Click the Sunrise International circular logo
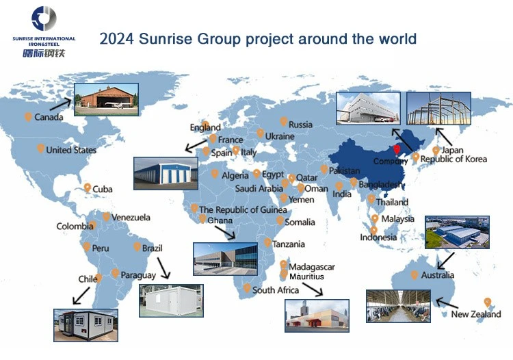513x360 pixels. (x=44, y=18)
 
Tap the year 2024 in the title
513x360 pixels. (x=116, y=38)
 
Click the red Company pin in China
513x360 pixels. (x=397, y=150)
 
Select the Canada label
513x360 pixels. (x=49, y=117)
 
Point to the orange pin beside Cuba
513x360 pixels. (x=87, y=188)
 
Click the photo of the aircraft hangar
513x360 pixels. (x=106, y=99)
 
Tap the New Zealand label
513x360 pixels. (x=476, y=314)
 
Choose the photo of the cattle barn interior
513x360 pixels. (x=398, y=306)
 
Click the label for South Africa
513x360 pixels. (x=276, y=290)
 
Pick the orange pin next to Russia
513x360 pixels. (x=284, y=122)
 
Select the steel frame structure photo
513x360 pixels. (x=438, y=108)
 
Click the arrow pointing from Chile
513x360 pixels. (x=81, y=296)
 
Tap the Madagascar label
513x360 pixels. (x=312, y=267)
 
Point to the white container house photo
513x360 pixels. (x=171, y=300)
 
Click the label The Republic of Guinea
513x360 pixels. (x=243, y=209)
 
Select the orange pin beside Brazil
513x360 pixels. (x=137, y=247)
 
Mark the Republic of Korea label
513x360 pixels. (x=453, y=159)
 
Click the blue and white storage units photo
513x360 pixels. (x=166, y=173)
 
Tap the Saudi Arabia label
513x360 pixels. (x=259, y=188)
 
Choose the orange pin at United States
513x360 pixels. (x=40, y=149)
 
